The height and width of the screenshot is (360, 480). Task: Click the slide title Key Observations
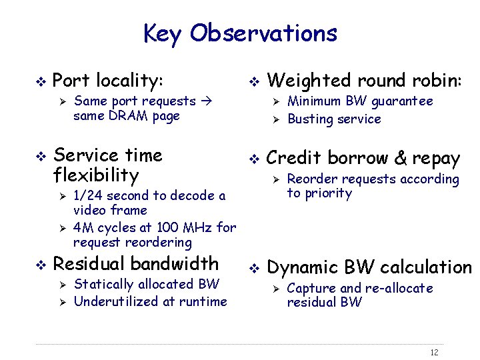click(240, 33)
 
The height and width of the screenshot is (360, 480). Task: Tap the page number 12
click(434, 352)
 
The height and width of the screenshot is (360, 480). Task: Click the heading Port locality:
click(107, 81)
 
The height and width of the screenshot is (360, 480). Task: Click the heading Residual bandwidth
click(135, 263)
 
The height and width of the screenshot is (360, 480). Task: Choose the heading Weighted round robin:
click(363, 81)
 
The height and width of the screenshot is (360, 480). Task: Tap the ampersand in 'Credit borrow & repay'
click(400, 159)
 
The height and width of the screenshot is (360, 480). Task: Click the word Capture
click(311, 288)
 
